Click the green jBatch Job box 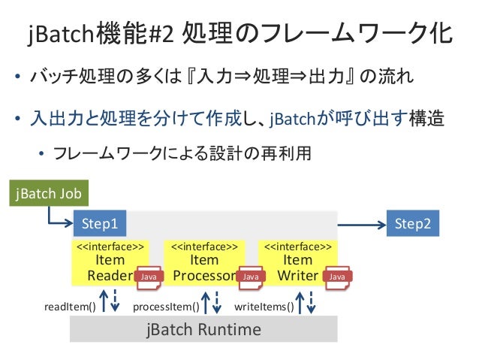tap(49, 193)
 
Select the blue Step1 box tap(100, 223)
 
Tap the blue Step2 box tap(413, 223)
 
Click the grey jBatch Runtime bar tap(203, 329)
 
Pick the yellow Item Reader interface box tap(110, 263)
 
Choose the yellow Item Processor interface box tap(204, 263)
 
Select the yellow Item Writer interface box tap(298, 263)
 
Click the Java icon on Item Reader tap(149, 277)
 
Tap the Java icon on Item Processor tap(251, 277)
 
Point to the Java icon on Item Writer tap(337, 277)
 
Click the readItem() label tap(70, 307)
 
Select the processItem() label tap(166, 307)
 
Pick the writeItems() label tap(264, 307)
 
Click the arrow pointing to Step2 tap(362, 225)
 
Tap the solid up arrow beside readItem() tap(104, 301)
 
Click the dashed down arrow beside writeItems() tap(311, 302)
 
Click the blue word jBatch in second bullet tap(292, 119)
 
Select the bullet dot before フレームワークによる tap(41, 153)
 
